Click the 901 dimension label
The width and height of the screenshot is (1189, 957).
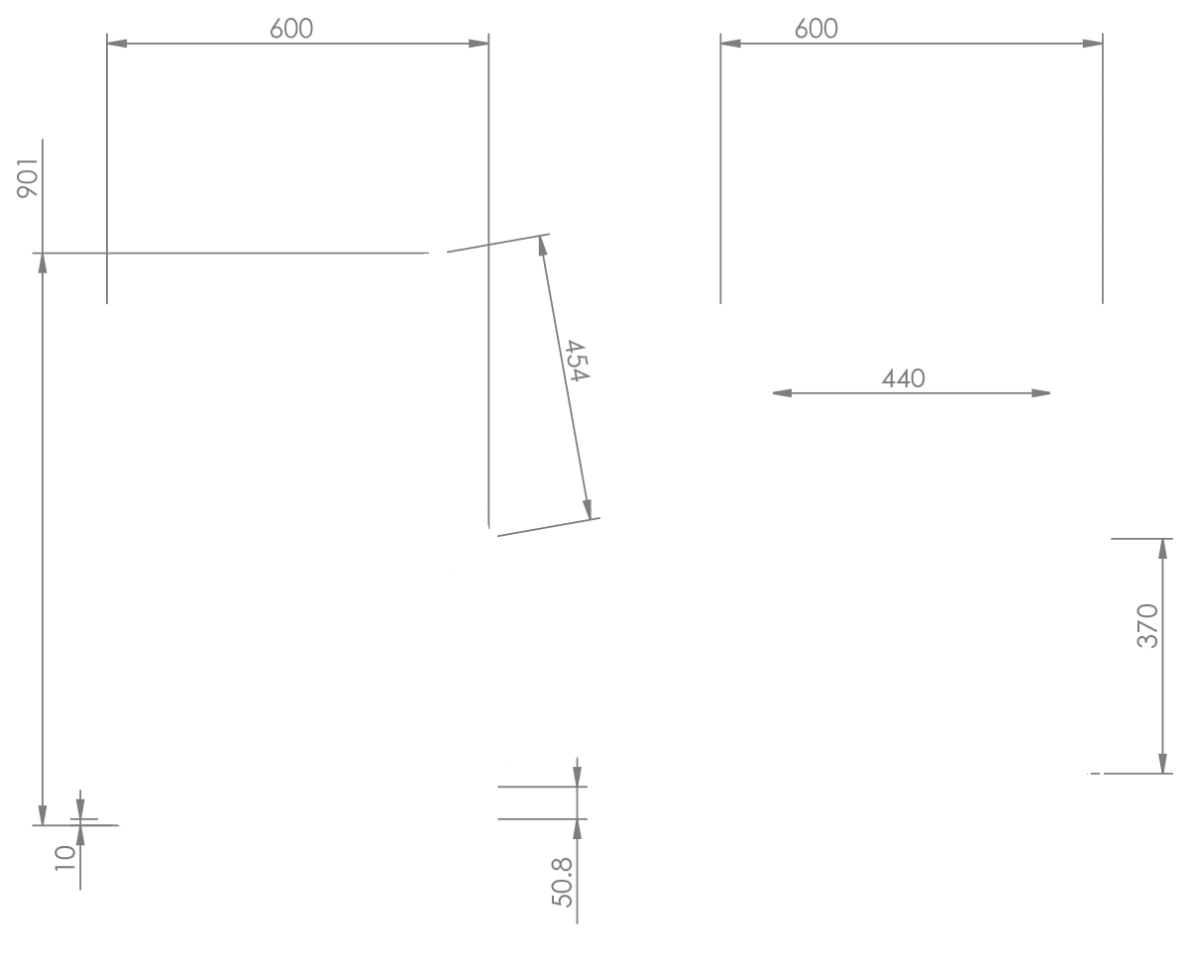coord(28,178)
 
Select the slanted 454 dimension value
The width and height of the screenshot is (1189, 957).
coord(578,361)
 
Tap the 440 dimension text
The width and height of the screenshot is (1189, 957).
coord(903,378)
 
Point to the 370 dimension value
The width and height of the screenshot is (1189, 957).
coord(1147,625)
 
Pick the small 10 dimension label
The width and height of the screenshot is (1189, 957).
coord(65,858)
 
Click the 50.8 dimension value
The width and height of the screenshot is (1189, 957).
coord(563,883)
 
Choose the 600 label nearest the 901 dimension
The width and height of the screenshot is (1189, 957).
coord(291,29)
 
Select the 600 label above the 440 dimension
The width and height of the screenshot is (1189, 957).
coord(816,29)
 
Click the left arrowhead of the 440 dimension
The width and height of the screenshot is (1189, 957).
coord(782,393)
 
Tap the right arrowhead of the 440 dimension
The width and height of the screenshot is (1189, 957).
coord(1041,393)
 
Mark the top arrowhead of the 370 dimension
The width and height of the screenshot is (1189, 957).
coord(1163,549)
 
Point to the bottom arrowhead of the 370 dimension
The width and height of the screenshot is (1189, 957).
coord(1163,764)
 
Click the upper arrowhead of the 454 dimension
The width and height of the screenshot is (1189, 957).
coord(543,246)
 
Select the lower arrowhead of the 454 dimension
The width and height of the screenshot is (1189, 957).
coord(588,509)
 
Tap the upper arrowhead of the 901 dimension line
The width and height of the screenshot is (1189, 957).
coord(43,263)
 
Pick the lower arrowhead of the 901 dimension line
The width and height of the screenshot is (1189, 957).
coord(43,815)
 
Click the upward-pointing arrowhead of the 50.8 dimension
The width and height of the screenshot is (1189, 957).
coord(578,829)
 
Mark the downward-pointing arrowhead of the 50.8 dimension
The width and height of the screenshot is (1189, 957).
coord(578,777)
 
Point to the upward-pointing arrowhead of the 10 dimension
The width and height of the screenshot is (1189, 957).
coord(80,835)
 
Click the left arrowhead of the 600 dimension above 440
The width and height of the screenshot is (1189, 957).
coord(730,44)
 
